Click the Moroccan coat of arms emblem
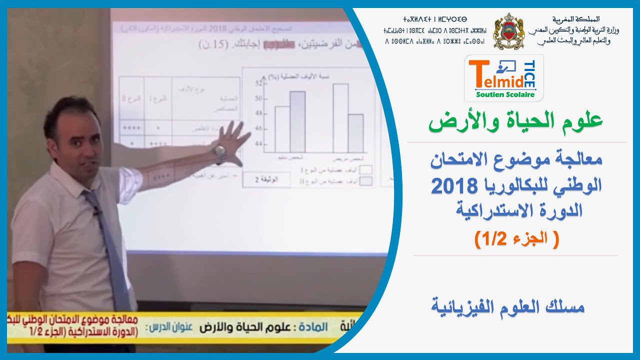[x=508, y=31]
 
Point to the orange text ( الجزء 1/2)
[x=516, y=238]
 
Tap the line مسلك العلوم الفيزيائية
[x=507, y=306]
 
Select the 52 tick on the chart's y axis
[x=258, y=83]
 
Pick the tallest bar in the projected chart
[x=340, y=118]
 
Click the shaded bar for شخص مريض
[x=356, y=133]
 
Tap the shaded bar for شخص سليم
[x=297, y=121]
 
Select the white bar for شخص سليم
[x=282, y=129]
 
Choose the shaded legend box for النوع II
[x=366, y=180]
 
